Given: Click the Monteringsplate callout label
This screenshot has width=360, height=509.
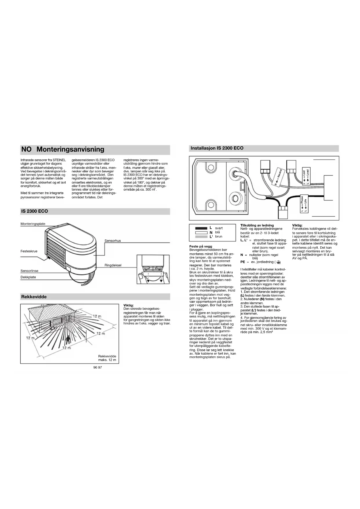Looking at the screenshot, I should click(x=33, y=224).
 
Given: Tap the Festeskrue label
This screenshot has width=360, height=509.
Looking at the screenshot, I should click(x=29, y=251).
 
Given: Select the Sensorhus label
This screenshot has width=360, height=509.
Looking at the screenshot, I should click(x=113, y=241).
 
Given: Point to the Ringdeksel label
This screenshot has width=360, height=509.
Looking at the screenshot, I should click(x=113, y=265).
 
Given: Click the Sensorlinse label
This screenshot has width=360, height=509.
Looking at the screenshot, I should click(x=29, y=271).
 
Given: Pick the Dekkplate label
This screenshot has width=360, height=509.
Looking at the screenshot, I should click(x=28, y=277).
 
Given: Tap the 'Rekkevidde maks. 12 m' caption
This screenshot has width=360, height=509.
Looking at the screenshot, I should click(x=107, y=358).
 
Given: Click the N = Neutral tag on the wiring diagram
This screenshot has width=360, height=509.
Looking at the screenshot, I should click(x=278, y=177).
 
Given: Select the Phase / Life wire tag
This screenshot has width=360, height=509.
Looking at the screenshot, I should click(x=303, y=204).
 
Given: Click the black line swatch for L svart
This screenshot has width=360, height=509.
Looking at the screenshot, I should click(x=201, y=228).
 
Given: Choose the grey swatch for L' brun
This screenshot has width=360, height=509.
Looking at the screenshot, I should click(x=201, y=237).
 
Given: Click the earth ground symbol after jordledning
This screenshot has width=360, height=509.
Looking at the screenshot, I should click(x=278, y=262).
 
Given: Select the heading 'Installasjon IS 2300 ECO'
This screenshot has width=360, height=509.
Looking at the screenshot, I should click(x=217, y=148).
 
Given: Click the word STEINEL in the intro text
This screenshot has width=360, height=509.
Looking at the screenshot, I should click(x=59, y=160).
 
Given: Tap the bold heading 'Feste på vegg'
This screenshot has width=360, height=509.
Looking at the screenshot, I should click(x=200, y=246).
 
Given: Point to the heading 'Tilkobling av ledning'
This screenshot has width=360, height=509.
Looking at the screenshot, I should click(x=257, y=225).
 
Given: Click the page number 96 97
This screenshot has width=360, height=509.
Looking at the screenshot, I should click(x=98, y=367).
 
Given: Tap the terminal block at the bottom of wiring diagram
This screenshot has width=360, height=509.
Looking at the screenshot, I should click(x=283, y=212).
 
